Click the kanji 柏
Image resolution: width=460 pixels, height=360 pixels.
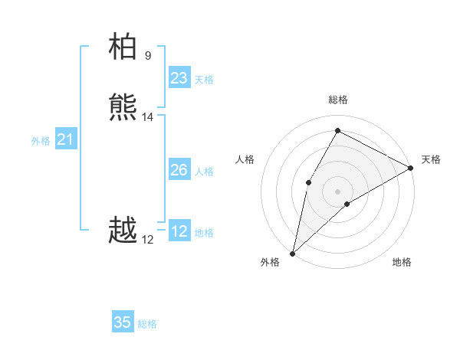click(x=123, y=47)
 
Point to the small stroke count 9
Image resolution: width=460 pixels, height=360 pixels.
click(x=147, y=55)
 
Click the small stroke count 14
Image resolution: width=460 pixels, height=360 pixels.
click(x=147, y=117)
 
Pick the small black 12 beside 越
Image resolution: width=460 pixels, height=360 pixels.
click(x=147, y=240)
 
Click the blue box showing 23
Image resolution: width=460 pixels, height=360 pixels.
click(x=179, y=78)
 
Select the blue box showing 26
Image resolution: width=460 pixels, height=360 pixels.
click(x=179, y=170)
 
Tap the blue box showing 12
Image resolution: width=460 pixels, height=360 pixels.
click(x=179, y=231)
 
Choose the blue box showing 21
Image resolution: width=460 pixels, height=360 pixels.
click(x=65, y=139)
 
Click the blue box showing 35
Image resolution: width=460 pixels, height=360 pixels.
click(x=123, y=322)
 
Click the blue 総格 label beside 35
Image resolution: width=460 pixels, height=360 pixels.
click(x=147, y=324)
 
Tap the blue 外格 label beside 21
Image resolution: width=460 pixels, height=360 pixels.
click(x=41, y=141)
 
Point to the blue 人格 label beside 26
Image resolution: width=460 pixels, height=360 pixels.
click(x=205, y=172)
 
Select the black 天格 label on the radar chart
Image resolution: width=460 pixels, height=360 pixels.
click(x=431, y=159)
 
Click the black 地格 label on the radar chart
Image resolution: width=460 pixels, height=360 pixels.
click(x=402, y=262)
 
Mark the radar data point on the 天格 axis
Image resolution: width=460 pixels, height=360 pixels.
click(x=411, y=168)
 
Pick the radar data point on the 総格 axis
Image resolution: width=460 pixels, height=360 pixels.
click(x=337, y=130)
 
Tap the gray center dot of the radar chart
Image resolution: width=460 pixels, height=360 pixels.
click(x=337, y=191)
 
